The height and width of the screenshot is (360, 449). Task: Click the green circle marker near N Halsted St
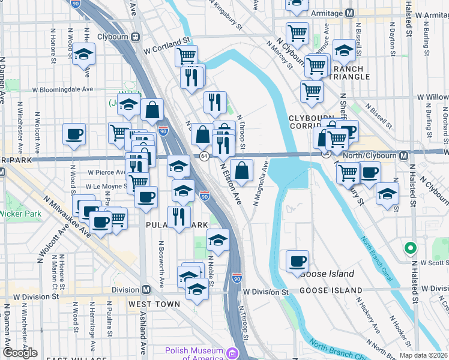tap(410, 247)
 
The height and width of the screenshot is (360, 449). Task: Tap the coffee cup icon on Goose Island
tap(297, 261)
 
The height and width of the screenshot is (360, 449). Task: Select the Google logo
tap(20, 353)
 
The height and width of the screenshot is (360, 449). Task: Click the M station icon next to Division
tap(146, 290)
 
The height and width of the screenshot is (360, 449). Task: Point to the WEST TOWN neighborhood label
tap(154, 304)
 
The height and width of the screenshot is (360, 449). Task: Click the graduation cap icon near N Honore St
tap(83, 53)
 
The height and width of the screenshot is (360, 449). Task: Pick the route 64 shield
tap(205, 156)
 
